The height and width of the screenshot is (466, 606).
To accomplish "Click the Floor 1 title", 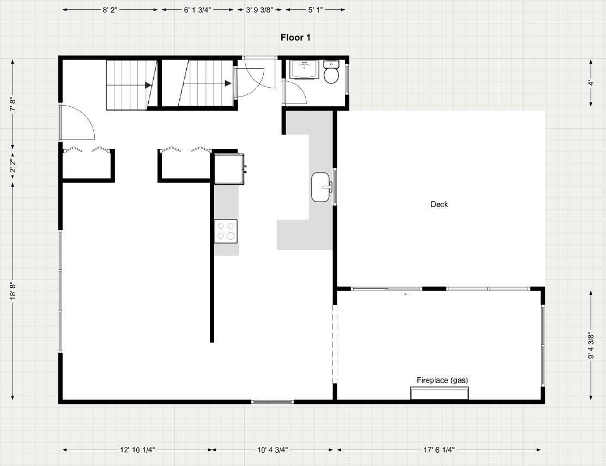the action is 295,38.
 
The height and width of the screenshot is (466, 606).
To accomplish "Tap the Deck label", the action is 439,204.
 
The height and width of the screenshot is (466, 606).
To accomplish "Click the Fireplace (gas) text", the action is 442,380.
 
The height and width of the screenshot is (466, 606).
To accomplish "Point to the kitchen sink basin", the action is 321,187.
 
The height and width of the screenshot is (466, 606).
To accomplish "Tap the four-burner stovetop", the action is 226,231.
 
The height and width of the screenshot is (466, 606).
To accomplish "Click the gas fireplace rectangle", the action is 439,394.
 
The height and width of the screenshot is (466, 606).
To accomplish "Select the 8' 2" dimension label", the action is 110,10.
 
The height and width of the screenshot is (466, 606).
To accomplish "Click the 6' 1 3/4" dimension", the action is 197,10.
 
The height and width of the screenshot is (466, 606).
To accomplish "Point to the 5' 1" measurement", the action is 316,10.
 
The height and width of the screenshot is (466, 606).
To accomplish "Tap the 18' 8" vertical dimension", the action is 13,291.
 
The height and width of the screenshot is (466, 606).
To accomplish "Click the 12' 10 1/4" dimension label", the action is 137,450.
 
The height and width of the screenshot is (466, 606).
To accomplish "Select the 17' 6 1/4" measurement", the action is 439,450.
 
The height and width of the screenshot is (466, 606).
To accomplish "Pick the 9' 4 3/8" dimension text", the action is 591,346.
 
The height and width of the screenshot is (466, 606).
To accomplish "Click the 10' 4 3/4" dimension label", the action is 273,450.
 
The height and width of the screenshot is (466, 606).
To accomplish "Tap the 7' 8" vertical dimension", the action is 13,104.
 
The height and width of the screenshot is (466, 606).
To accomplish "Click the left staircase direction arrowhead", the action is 148,86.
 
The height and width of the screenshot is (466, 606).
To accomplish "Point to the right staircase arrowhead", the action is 228,83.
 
